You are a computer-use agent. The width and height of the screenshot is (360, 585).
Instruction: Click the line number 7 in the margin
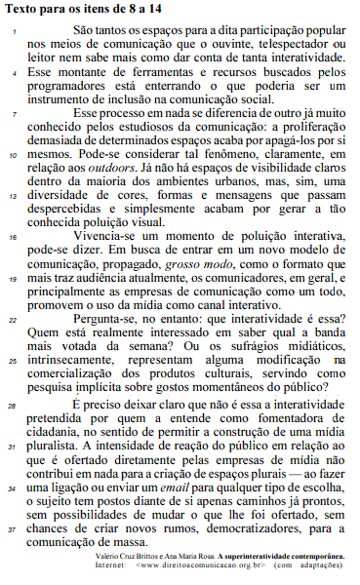[14, 116]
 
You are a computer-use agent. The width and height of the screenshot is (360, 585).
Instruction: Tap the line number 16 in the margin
[13, 237]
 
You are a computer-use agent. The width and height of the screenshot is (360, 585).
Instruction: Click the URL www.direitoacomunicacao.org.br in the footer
[214, 563]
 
